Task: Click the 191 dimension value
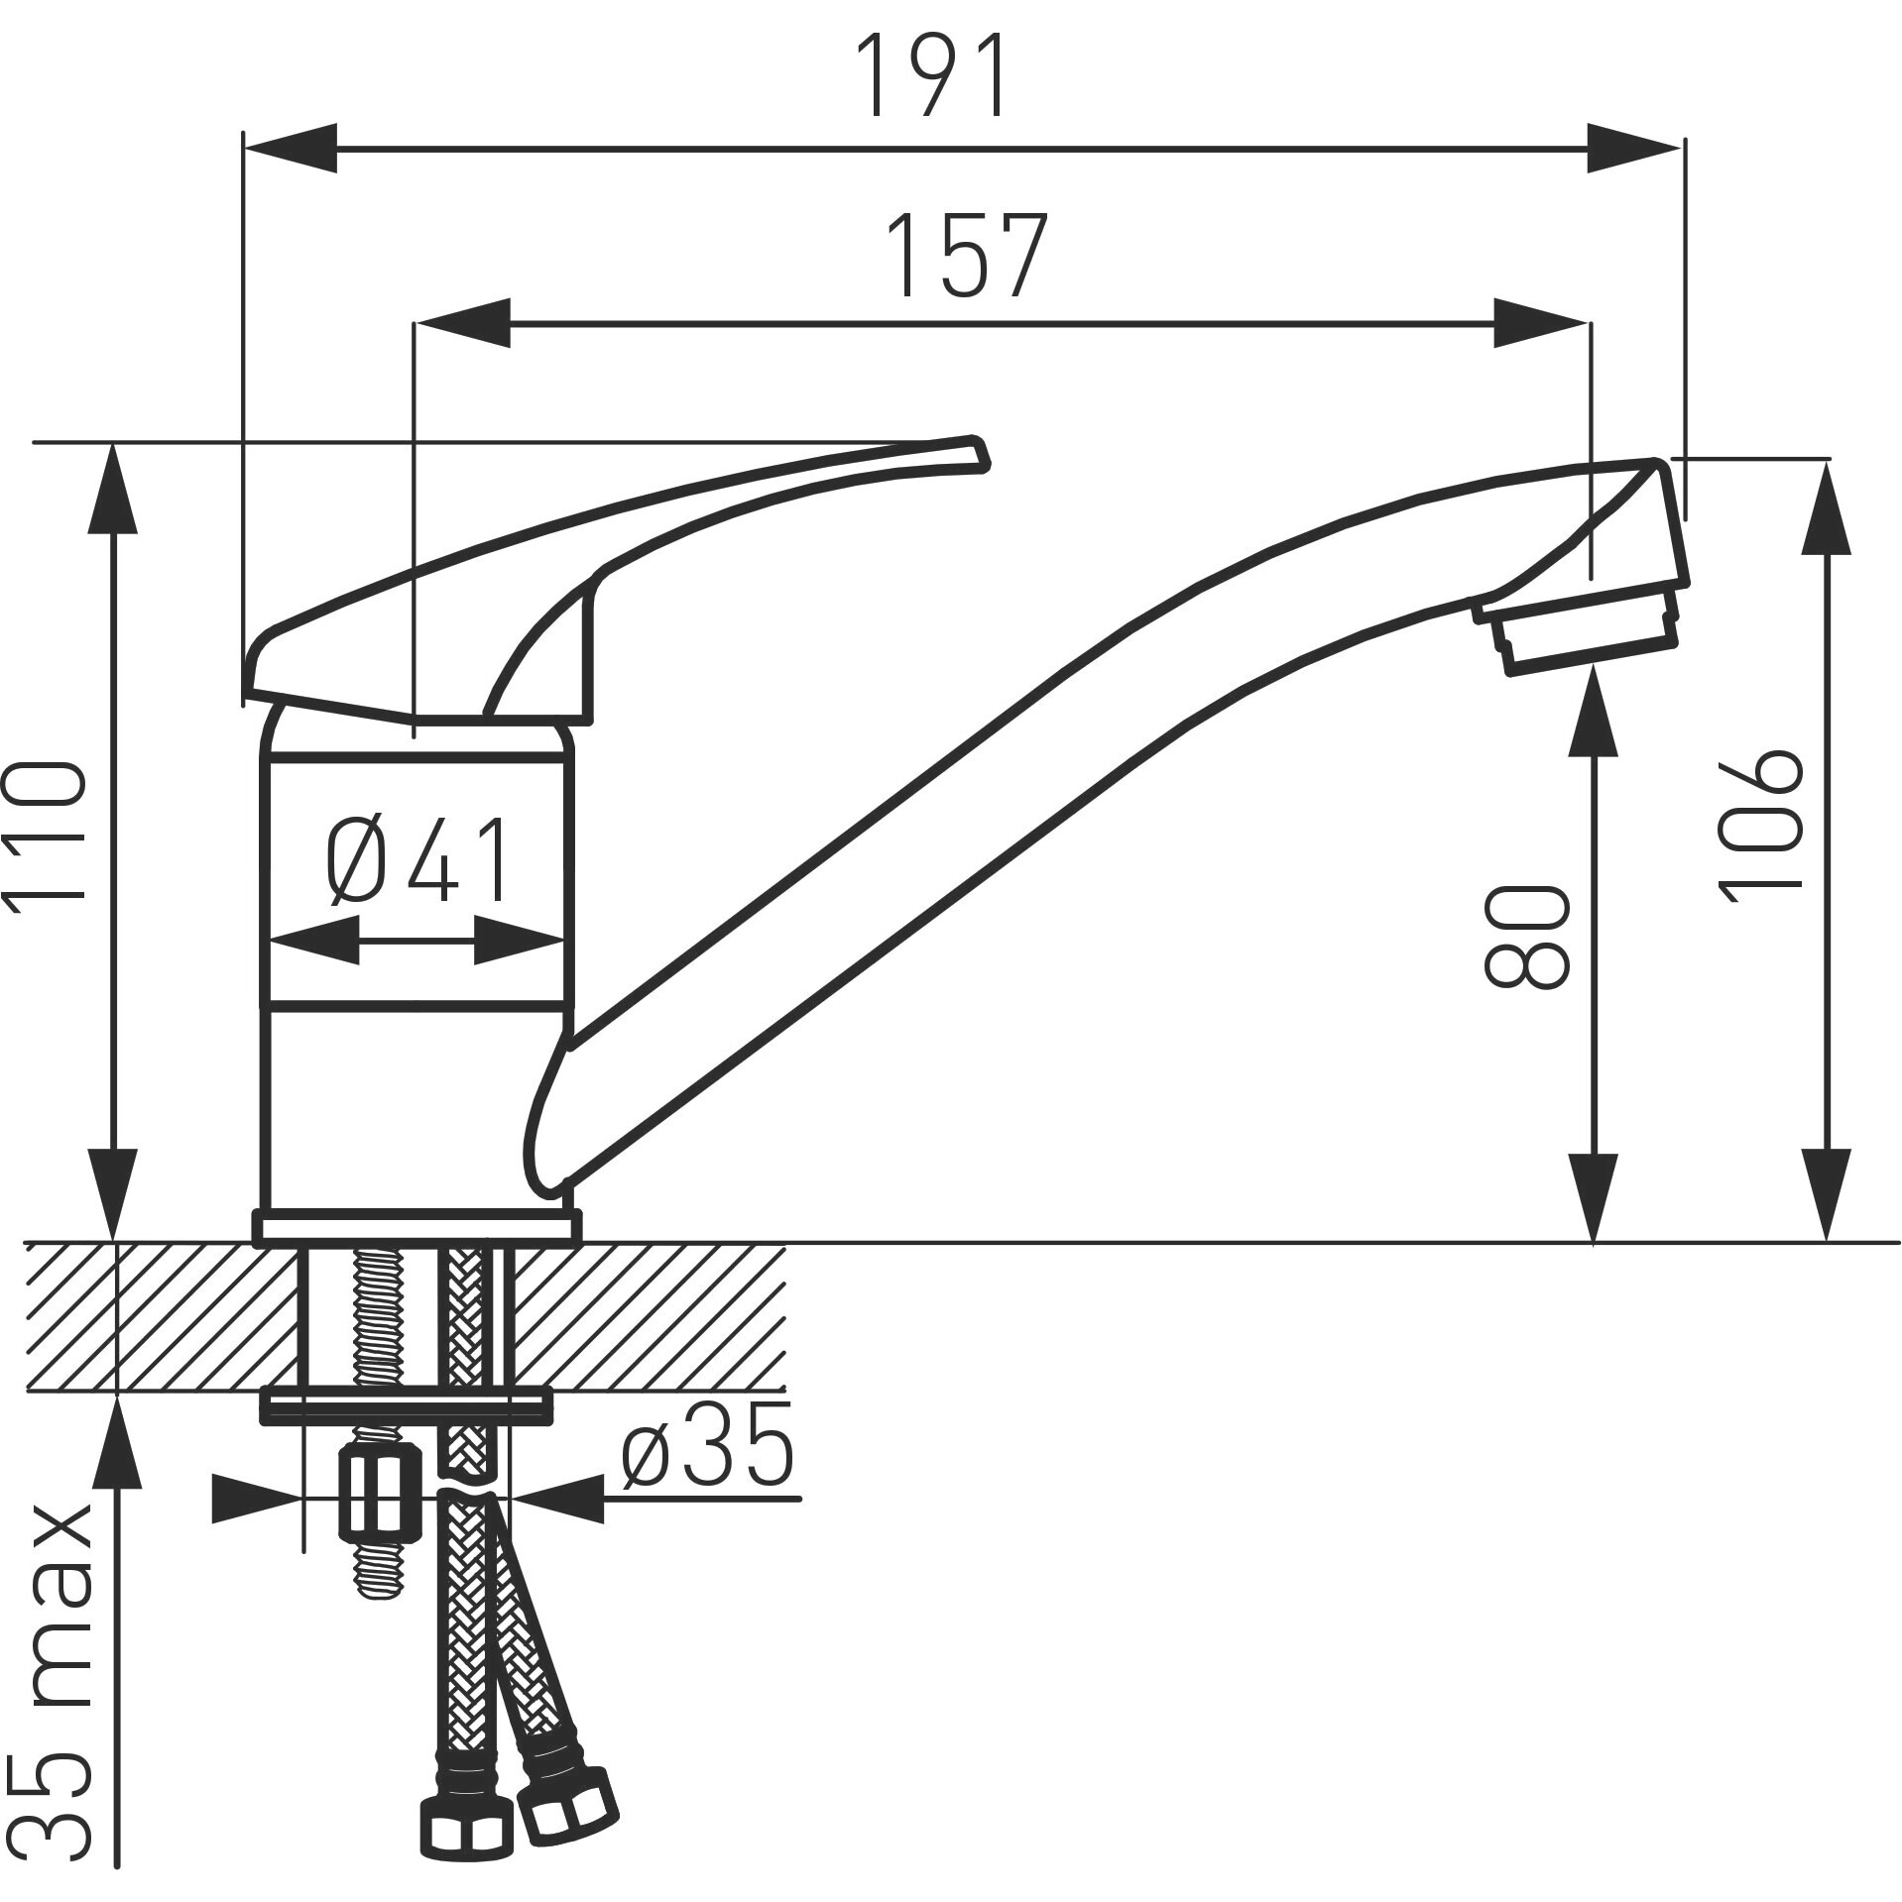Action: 934,75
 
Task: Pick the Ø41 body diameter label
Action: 416,858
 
